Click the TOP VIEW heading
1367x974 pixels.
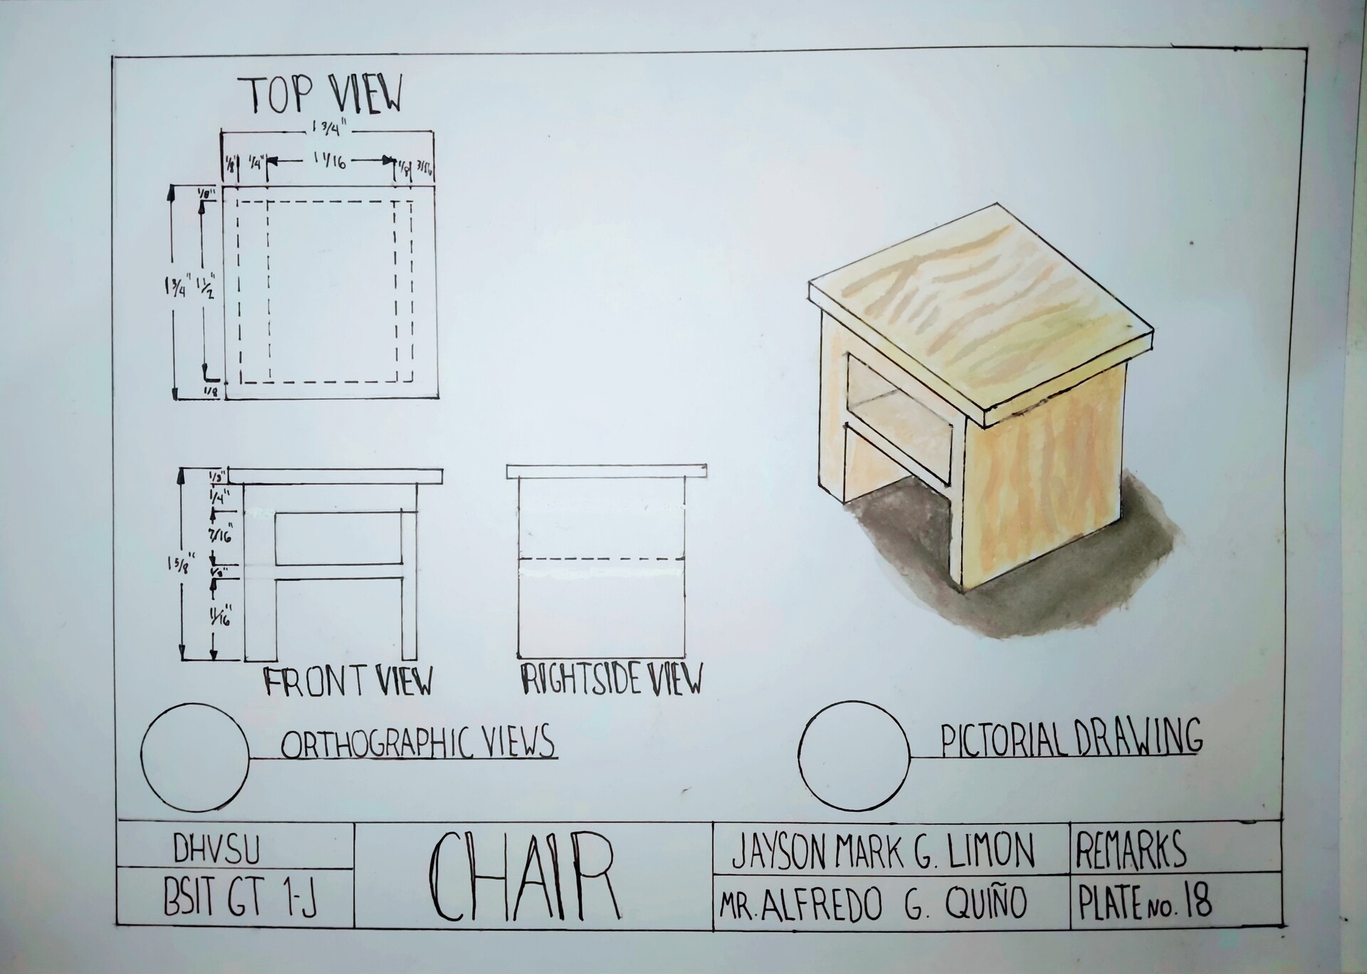(325, 95)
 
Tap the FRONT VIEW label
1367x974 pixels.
(348, 681)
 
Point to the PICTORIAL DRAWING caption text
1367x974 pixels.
(1072, 738)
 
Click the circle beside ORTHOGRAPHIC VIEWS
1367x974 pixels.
(195, 757)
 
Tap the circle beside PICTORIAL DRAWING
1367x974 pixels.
(854, 755)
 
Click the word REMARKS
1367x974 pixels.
(1132, 849)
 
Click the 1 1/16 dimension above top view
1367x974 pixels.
(329, 162)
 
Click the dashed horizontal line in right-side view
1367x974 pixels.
(601, 559)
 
